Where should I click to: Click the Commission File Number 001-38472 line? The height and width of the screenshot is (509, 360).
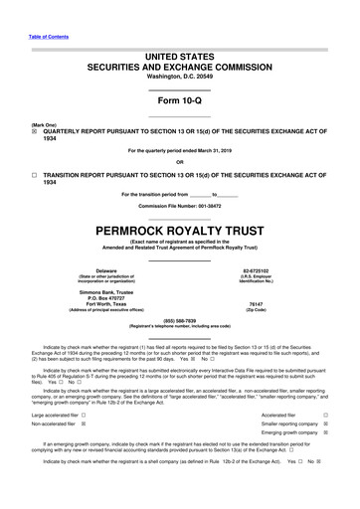180,205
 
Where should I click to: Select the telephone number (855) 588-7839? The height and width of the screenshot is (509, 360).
180,320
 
